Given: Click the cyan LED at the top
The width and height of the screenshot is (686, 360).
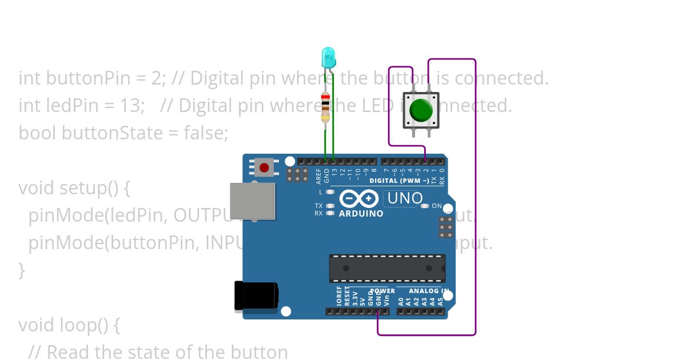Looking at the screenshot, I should pyautogui.click(x=329, y=57).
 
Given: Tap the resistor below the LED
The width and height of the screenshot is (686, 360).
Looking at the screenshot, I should pyautogui.click(x=325, y=107).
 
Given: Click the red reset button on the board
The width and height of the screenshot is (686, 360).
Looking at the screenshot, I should pyautogui.click(x=264, y=168).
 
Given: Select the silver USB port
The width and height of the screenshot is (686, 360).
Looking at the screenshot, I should pyautogui.click(x=252, y=201).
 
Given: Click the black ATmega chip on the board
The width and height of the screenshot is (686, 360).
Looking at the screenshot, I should pyautogui.click(x=387, y=268).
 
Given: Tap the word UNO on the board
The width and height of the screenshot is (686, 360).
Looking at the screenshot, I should pyautogui.click(x=405, y=199).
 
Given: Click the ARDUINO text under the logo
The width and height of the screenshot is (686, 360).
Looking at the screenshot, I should pyautogui.click(x=361, y=214).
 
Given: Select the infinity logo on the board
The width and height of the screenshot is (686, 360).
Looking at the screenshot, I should pyautogui.click(x=358, y=198).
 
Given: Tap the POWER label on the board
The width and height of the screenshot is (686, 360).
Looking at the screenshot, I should pyautogui.click(x=382, y=291).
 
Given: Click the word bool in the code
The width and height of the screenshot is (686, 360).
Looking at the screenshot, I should pyautogui.click(x=37, y=133).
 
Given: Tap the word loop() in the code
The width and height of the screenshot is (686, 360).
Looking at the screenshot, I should pyautogui.click(x=83, y=325).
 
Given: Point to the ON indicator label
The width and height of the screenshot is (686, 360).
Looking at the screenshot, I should pyautogui.click(x=436, y=206).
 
